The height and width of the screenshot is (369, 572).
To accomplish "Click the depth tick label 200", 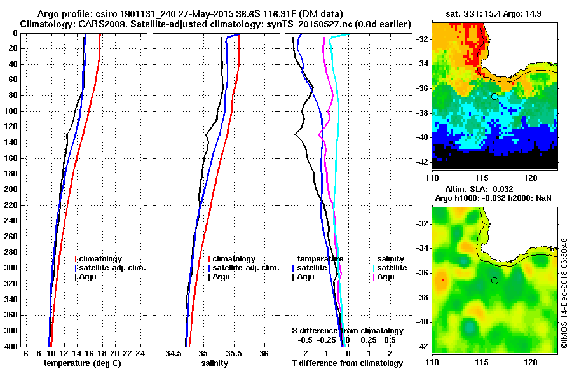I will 11,190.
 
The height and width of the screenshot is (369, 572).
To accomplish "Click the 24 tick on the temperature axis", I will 141,353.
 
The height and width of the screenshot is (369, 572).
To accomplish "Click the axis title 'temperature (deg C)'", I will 82,363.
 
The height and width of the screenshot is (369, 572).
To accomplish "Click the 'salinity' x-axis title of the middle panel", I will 216,363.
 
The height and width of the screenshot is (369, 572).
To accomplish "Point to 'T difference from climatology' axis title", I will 347,363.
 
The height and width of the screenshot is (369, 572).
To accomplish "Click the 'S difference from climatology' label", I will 347,331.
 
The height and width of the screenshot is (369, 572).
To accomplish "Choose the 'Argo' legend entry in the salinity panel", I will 221,277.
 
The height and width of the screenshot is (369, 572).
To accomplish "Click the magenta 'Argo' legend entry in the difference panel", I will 385,277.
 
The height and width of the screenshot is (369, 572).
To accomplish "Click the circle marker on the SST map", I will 494,96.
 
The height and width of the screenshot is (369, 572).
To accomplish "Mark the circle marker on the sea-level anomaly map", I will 494,281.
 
